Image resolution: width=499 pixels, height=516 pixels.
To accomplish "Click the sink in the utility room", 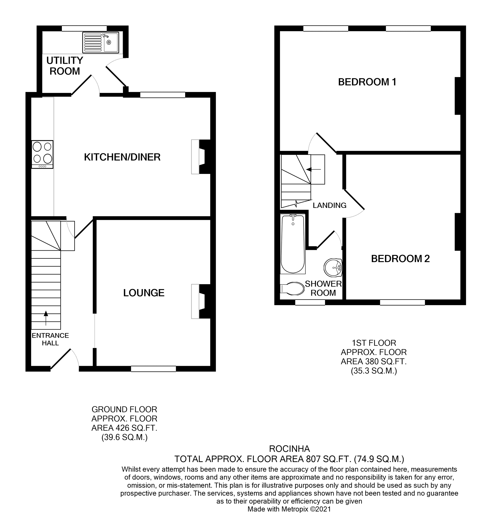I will click(101, 42).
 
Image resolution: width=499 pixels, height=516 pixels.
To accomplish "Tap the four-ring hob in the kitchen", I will click(42, 154).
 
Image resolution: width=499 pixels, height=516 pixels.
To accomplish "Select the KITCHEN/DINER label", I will click(122, 157).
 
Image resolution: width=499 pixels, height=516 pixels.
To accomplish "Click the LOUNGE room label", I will click(144, 293).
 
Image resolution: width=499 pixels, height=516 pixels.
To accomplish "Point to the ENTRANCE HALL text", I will click(50, 339).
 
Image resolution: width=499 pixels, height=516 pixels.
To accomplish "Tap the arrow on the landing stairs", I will click(314, 169).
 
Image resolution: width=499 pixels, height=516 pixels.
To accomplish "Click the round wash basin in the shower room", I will click(333, 268).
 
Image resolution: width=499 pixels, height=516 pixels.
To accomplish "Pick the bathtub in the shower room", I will click(293, 244).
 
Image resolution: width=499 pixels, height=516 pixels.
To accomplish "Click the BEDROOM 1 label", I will click(367, 82).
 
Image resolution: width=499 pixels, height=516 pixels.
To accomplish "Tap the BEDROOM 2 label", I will click(400, 259).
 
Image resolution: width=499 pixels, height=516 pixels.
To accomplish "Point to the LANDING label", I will click(329, 205).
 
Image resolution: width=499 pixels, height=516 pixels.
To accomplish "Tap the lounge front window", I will click(153, 369).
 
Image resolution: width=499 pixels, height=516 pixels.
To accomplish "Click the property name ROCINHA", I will click(289, 448).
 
